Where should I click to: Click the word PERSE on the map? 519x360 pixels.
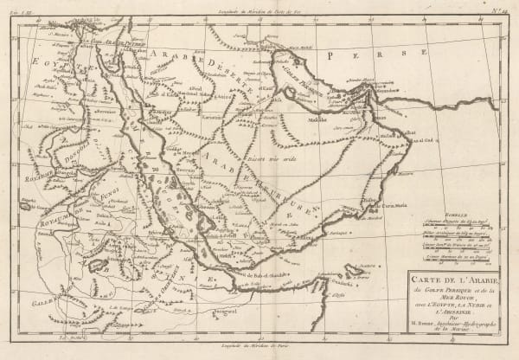345,54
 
